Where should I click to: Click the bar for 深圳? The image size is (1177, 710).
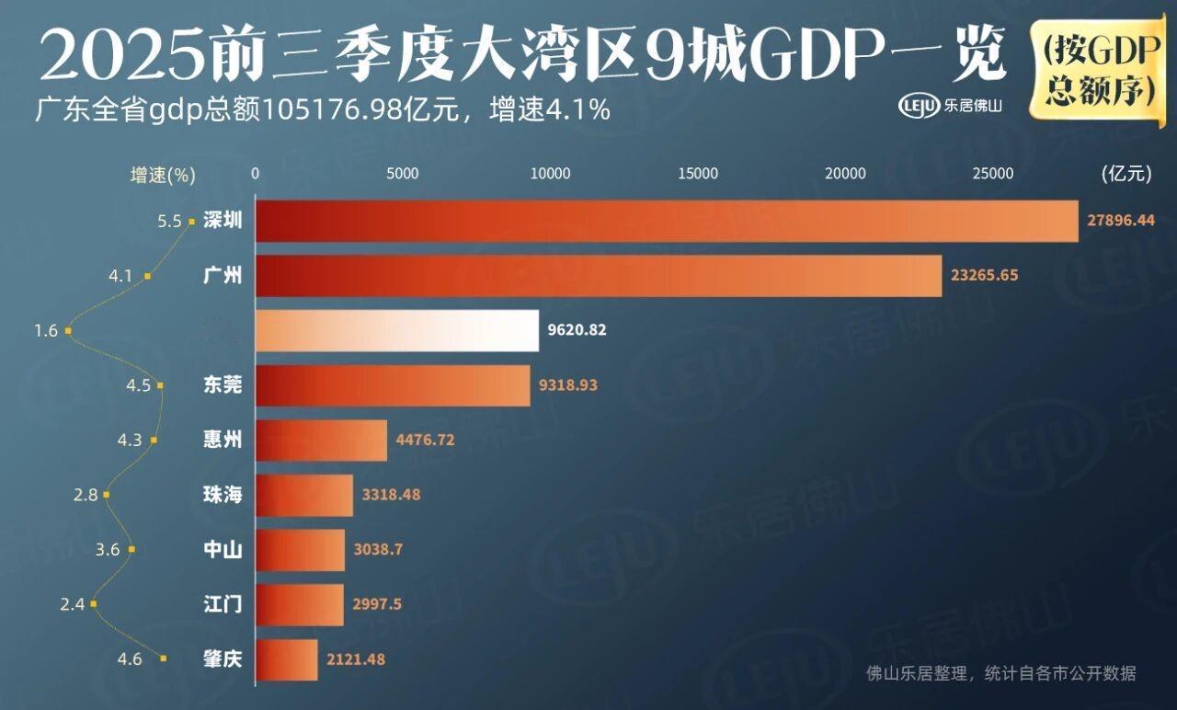pyautogui.click(x=666, y=221)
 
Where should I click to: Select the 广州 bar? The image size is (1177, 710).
pyautogui.click(x=598, y=276)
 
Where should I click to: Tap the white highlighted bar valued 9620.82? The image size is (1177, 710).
pyautogui.click(x=396, y=330)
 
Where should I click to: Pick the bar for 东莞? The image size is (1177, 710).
pyautogui.click(x=393, y=385)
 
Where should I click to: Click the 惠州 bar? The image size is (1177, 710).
pyautogui.click(x=321, y=440)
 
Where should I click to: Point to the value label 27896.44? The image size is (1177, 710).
pyautogui.click(x=1120, y=221)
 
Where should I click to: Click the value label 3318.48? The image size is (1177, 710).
pyautogui.click(x=391, y=495)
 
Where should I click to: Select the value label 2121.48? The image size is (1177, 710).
pyautogui.click(x=356, y=659)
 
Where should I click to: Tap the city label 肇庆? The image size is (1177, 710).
pyautogui.click(x=223, y=659)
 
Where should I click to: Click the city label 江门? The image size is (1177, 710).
pyautogui.click(x=223, y=604)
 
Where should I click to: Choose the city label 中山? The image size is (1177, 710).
pyautogui.click(x=223, y=550)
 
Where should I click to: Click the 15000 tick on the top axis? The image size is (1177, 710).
pyautogui.click(x=698, y=174)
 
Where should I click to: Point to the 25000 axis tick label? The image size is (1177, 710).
pyautogui.click(x=993, y=174)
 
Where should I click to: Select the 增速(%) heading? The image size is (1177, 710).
pyautogui.click(x=162, y=175)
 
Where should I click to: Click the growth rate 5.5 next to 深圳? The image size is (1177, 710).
pyautogui.click(x=169, y=222)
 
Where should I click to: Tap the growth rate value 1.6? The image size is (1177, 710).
pyautogui.click(x=46, y=331)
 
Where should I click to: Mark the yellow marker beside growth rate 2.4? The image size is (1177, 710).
pyautogui.click(x=94, y=604)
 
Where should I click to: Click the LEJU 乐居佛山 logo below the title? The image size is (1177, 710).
pyautogui.click(x=950, y=106)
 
